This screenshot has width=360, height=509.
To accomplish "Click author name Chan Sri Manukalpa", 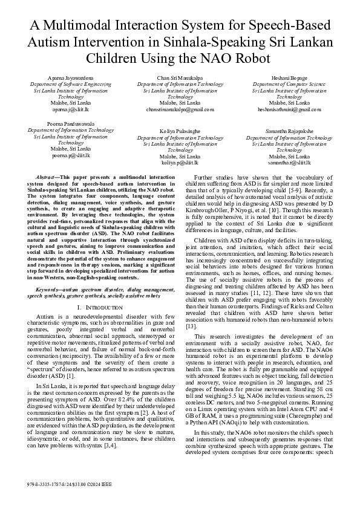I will pos(180,79).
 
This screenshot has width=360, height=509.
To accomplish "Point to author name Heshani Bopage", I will pos(289,79).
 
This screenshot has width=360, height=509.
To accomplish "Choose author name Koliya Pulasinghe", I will pos(180,131).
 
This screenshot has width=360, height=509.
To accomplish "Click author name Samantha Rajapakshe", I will pos(289,131).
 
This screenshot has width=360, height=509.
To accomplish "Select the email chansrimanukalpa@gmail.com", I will pos(180,110).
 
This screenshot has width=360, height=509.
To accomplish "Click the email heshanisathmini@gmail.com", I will pos(289,110).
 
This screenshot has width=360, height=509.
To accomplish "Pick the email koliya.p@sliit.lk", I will pos(180,163).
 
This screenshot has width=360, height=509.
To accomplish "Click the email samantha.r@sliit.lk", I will pos(289,163).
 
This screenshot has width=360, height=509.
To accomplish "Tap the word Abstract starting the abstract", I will pos(46,175).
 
